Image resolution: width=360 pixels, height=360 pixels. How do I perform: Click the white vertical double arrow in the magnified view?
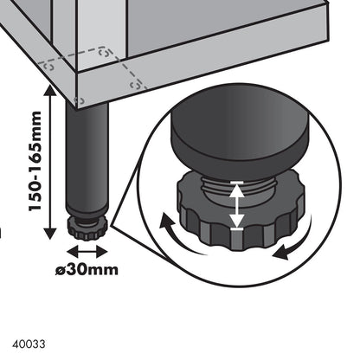236,205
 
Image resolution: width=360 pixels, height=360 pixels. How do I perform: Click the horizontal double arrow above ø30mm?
87,251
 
